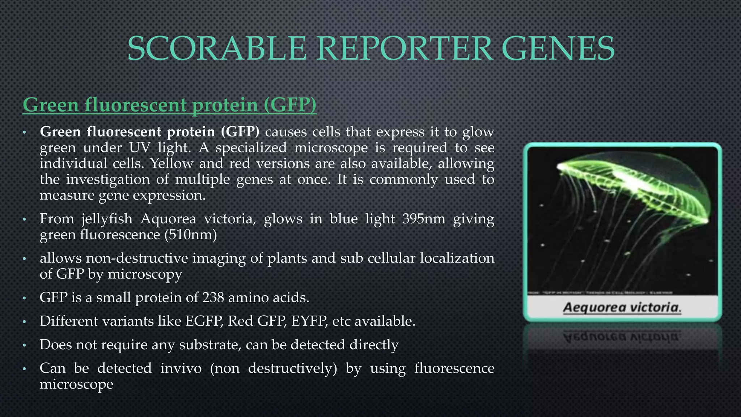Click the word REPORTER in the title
[x=406, y=49]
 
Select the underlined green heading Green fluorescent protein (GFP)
[x=169, y=105]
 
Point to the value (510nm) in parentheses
[x=190, y=235]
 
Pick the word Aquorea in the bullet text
[x=168, y=219]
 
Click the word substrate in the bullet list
[x=210, y=345]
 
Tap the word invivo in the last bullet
[x=181, y=368]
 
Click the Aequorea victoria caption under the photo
[x=622, y=308]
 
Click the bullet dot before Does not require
[x=24, y=345]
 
